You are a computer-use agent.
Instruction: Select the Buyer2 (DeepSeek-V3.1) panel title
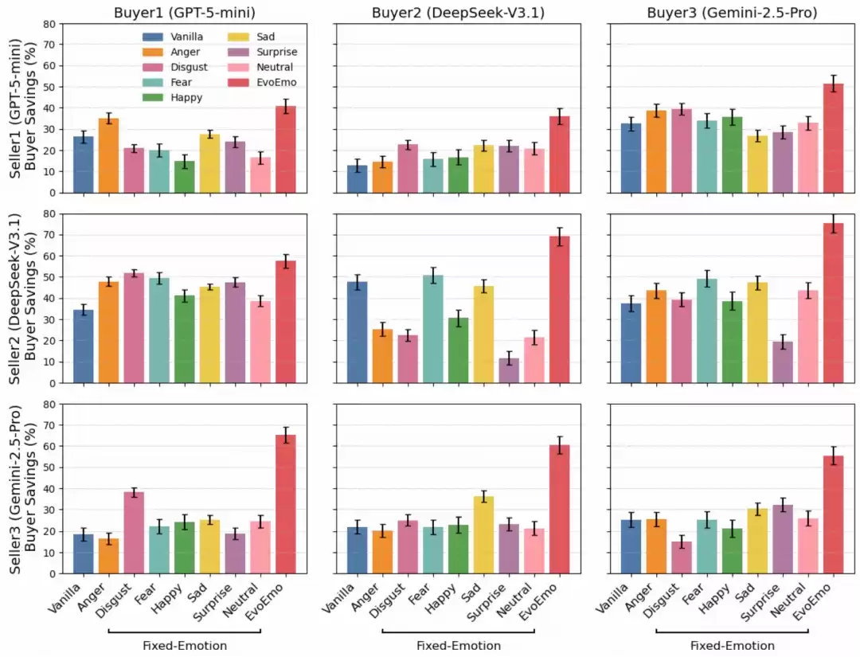pos(458,12)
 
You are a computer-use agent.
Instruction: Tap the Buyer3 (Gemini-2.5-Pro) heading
pos(732,12)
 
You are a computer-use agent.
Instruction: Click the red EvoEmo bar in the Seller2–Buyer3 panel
pos(833,303)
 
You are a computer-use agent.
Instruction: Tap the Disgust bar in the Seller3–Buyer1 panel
pos(134,533)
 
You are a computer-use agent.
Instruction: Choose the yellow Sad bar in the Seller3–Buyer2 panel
pos(483,534)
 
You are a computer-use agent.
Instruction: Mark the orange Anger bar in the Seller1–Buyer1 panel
pos(108,155)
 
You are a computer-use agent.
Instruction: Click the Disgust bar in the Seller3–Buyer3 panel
pos(681,557)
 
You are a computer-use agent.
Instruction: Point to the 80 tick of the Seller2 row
pos(49,213)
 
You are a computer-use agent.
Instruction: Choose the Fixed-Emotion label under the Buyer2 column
pos(459,646)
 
